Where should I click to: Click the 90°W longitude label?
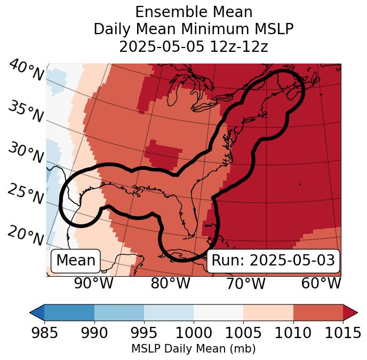coord(93,283)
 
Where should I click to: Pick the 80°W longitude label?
coord(170,283)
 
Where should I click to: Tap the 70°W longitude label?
coord(245,283)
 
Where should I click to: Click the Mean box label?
coord(76,261)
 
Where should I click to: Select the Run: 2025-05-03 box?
coord(273,261)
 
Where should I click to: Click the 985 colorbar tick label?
coord(44,333)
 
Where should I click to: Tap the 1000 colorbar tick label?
coord(194,333)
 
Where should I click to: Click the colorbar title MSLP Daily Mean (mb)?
coord(193,349)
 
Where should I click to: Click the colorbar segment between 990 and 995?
coord(119,312)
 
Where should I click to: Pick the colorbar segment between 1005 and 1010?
coord(268,312)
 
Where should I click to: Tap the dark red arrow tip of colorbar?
coord(350,312)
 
